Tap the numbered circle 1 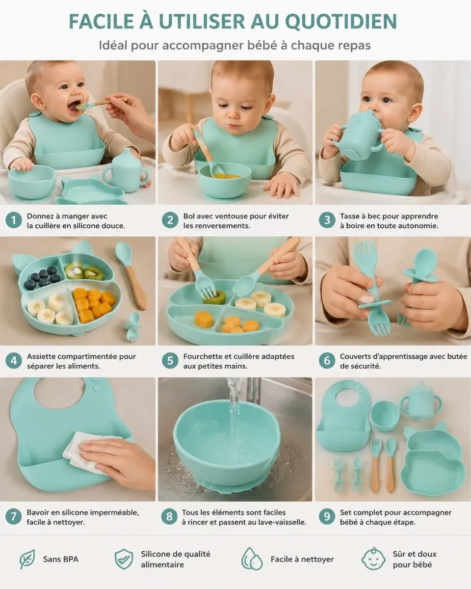[13, 220]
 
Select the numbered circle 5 [170, 360]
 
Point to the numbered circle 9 [327, 516]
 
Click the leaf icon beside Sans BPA [27, 559]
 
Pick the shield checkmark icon [124, 559]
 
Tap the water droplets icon [252, 559]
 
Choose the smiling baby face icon [373, 559]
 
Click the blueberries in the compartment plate [42, 277]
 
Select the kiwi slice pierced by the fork [214, 297]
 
